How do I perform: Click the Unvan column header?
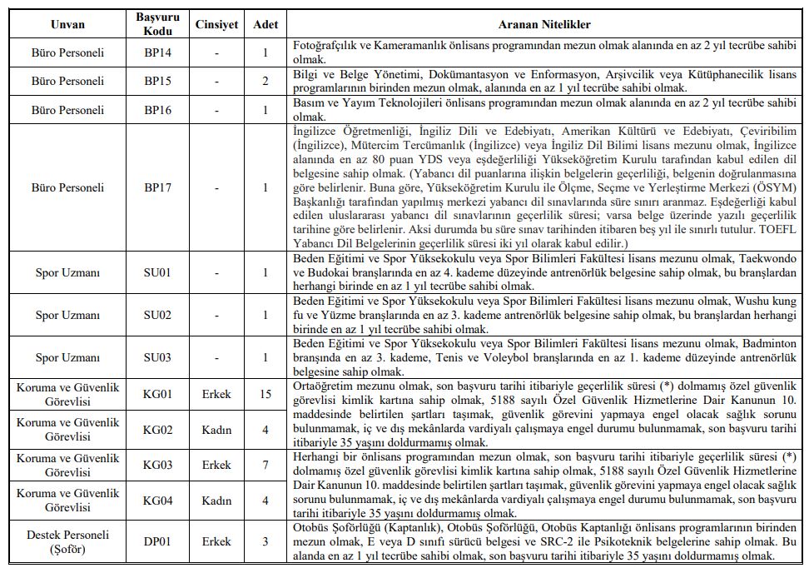(x=67, y=25)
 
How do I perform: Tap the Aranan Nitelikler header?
(x=534, y=25)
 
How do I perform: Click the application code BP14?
(x=157, y=53)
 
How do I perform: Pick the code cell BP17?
(x=157, y=187)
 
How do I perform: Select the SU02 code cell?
(x=157, y=315)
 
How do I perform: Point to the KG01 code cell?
(x=157, y=393)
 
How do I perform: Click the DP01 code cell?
(x=157, y=541)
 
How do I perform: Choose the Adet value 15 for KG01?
(x=266, y=393)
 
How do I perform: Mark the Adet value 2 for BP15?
(x=266, y=82)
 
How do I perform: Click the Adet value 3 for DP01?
(x=266, y=541)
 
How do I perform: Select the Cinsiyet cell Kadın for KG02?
(x=216, y=430)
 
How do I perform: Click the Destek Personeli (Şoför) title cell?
(x=67, y=541)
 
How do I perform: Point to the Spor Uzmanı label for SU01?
(x=67, y=272)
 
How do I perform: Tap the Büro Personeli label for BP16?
(x=67, y=110)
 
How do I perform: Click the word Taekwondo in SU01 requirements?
(x=749, y=259)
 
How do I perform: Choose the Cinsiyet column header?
(x=216, y=25)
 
